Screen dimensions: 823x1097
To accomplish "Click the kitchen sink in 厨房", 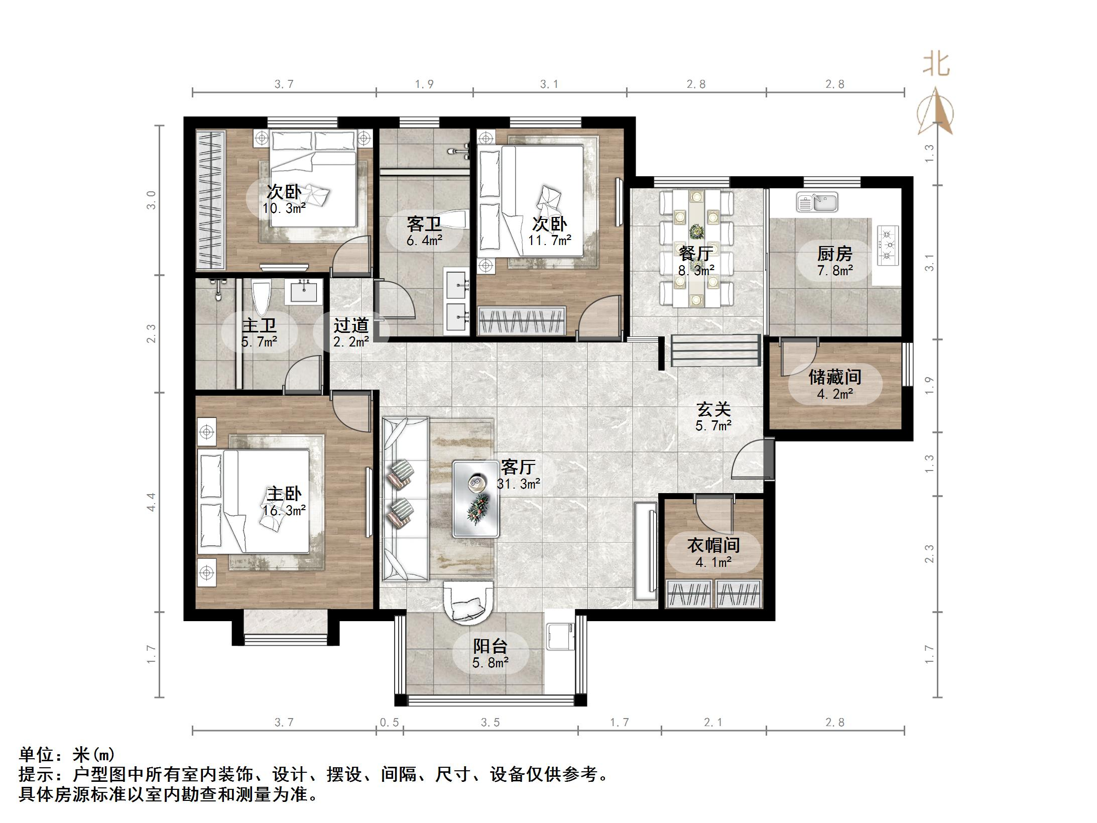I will [x=817, y=202].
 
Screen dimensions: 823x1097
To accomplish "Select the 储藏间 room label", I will [x=834, y=377].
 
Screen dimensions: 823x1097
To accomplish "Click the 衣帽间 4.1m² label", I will [x=713, y=553].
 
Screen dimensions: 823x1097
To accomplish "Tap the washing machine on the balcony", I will [x=560, y=636].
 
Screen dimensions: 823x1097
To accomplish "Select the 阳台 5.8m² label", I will [x=490, y=654].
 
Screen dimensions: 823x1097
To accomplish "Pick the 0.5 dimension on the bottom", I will [x=389, y=722].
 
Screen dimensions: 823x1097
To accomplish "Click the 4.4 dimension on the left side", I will [x=151, y=502].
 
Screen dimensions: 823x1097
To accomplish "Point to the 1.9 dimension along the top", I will [x=424, y=84].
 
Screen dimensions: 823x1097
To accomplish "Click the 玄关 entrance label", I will [x=713, y=417].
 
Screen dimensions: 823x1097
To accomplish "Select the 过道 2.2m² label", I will [x=351, y=333].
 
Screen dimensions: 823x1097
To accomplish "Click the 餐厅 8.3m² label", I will [x=696, y=261].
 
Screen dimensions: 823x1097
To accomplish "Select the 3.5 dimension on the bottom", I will [x=491, y=722].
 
